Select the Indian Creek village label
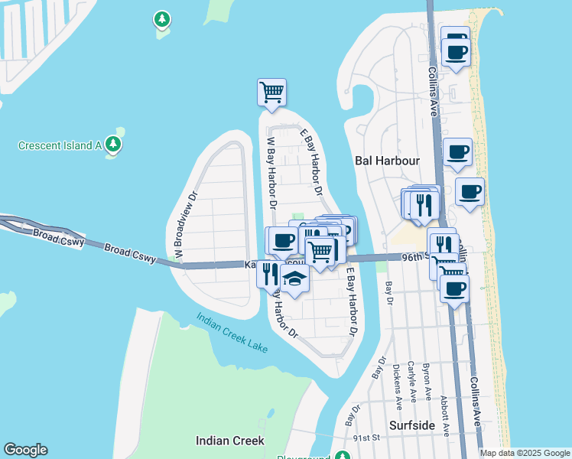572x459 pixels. pos(230,441)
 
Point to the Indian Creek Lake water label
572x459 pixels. pos(232,334)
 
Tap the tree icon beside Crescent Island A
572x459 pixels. pos(114,143)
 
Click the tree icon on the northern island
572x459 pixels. pos(161,18)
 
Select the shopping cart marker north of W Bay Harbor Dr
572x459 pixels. pos(271,93)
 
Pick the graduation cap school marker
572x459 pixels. pos(294,279)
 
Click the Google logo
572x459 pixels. pos(25,450)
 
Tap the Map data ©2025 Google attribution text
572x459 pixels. pos(525,453)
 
